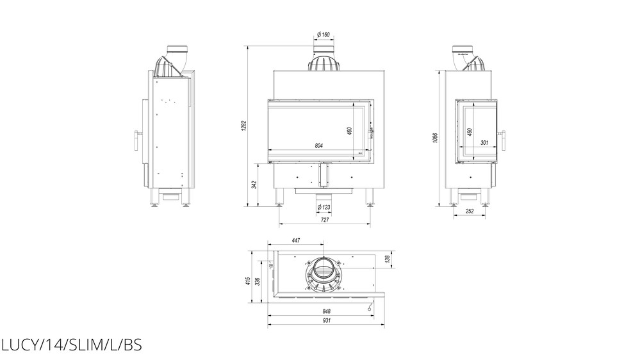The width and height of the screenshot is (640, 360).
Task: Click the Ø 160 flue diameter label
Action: [x=324, y=35]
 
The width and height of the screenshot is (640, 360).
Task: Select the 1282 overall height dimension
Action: [x=243, y=126]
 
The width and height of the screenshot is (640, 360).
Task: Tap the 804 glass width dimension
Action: [x=319, y=145]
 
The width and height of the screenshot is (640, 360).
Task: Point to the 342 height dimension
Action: [x=254, y=184]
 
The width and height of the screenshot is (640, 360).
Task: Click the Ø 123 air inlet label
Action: [x=324, y=208]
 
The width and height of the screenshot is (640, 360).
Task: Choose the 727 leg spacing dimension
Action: [x=325, y=220]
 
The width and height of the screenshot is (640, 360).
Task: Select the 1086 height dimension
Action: [x=435, y=138]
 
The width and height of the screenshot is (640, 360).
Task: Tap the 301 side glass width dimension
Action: [x=484, y=143]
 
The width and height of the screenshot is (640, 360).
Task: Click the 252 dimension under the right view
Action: [x=470, y=211]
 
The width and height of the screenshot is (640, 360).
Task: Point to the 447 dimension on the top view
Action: [x=296, y=240]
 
